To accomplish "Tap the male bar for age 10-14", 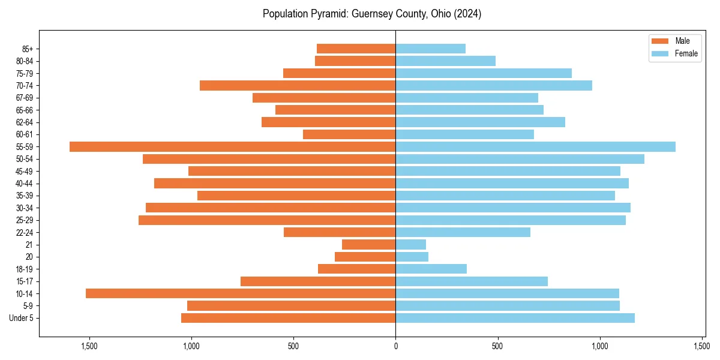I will [241, 293].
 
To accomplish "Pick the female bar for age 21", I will [410, 244].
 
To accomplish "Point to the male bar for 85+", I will [356, 49].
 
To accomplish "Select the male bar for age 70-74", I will [298, 85].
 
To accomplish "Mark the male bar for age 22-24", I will [340, 232].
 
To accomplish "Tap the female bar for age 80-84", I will [445, 61].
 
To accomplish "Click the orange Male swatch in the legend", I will [660, 41].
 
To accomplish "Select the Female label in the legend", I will [686, 54].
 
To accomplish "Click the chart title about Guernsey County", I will [372, 14].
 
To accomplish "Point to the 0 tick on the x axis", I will [395, 346].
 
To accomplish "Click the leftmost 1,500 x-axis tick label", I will [89, 346].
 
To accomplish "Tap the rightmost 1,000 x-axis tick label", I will [600, 346].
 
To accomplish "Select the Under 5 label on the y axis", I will [21, 318].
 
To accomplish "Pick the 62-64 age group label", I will [24, 122].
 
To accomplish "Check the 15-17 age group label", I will [24, 281].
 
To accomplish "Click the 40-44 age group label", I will [24, 183].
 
